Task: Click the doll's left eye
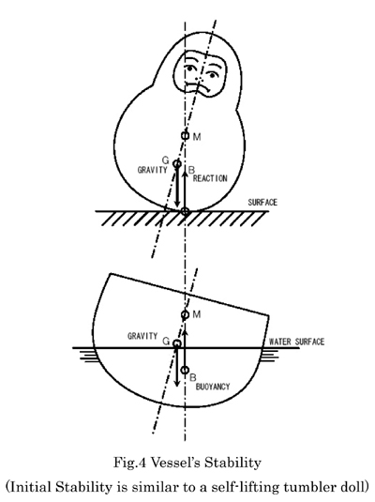coord(190,68)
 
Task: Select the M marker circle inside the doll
coord(185,135)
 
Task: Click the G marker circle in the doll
coord(177,164)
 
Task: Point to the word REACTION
coord(210,178)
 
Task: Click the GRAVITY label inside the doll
coord(152,170)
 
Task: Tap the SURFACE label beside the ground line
coord(262,203)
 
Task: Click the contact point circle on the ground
coord(185,211)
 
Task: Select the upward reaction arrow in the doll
coord(185,189)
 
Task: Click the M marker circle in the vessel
coord(185,314)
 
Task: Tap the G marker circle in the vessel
coord(177,343)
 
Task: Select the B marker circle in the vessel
coord(185,370)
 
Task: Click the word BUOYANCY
coord(213,387)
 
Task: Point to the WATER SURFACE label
coord(296,342)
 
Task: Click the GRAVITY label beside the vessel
coord(142,336)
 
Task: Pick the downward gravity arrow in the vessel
coord(176,367)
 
